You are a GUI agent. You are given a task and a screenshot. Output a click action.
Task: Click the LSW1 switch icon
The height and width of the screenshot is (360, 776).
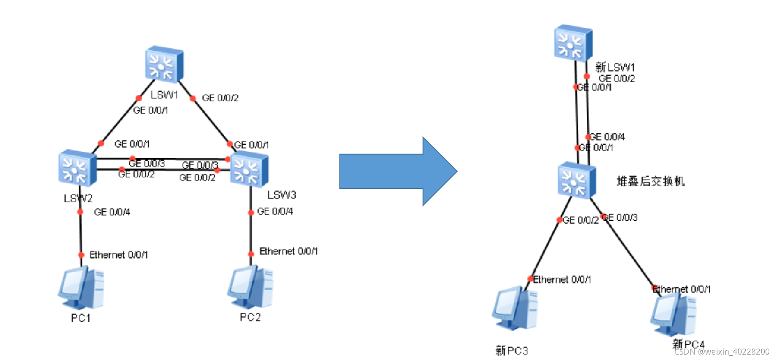[164, 64]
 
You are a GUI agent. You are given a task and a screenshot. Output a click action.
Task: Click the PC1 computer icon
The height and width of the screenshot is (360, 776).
[81, 288]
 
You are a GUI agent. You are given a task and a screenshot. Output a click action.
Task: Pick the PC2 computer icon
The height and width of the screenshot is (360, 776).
[251, 287]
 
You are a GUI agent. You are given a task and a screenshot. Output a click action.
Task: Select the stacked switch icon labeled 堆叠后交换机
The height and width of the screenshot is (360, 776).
[577, 181]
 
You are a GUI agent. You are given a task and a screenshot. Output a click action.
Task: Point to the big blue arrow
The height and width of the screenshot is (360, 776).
[397, 171]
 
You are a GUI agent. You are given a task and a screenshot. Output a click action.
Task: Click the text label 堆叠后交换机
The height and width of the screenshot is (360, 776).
[650, 181]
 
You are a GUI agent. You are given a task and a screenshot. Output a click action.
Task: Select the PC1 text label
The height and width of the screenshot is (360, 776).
[81, 318]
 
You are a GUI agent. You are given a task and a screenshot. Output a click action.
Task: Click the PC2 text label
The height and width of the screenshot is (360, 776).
[250, 317]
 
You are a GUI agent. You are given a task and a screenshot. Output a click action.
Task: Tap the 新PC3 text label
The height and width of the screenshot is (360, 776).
[511, 350]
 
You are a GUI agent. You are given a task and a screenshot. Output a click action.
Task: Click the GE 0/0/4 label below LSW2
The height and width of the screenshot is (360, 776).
[112, 212]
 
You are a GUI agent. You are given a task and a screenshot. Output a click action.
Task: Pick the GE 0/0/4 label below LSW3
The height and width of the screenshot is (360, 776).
[275, 211]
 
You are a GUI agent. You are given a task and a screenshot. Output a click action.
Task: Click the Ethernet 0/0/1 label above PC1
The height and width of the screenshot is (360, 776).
[119, 254]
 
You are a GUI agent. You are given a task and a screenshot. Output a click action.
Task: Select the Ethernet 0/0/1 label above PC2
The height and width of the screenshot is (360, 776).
[289, 251]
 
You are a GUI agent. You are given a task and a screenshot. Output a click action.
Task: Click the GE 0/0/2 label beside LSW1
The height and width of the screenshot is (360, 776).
[220, 98]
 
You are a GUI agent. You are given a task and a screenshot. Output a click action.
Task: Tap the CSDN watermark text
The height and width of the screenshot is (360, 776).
[722, 352]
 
